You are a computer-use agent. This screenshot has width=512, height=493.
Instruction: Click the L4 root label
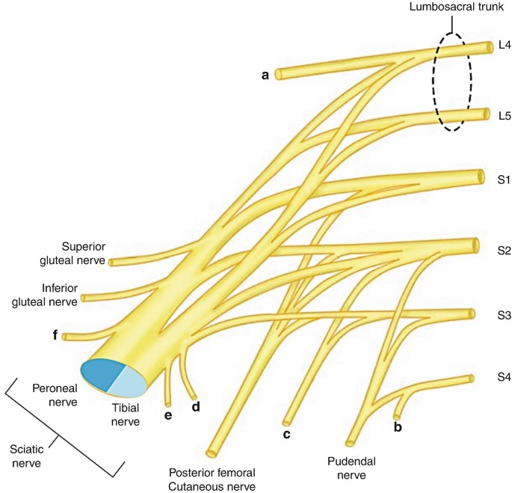(505, 45)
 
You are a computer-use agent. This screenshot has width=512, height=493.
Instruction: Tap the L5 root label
(505, 116)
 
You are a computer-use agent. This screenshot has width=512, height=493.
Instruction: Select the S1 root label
(504, 180)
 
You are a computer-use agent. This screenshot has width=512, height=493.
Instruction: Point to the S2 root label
(505, 251)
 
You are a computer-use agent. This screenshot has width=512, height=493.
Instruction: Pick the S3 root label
(505, 315)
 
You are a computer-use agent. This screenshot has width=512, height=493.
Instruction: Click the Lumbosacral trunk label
(457, 7)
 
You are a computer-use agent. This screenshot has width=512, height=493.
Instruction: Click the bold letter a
(265, 76)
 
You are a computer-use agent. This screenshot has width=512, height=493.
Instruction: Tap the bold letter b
(398, 426)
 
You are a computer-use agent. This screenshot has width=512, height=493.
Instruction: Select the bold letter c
(287, 434)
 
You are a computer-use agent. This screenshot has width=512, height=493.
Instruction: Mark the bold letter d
(196, 407)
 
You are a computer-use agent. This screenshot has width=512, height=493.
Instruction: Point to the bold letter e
(168, 415)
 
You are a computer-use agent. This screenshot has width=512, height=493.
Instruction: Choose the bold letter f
(55, 335)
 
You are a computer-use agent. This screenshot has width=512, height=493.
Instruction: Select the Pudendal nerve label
(351, 468)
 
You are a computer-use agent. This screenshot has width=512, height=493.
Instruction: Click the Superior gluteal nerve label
(73, 253)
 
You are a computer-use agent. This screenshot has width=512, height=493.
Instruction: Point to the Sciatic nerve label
(26, 456)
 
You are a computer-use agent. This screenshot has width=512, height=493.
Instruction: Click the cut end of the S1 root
(481, 177)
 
